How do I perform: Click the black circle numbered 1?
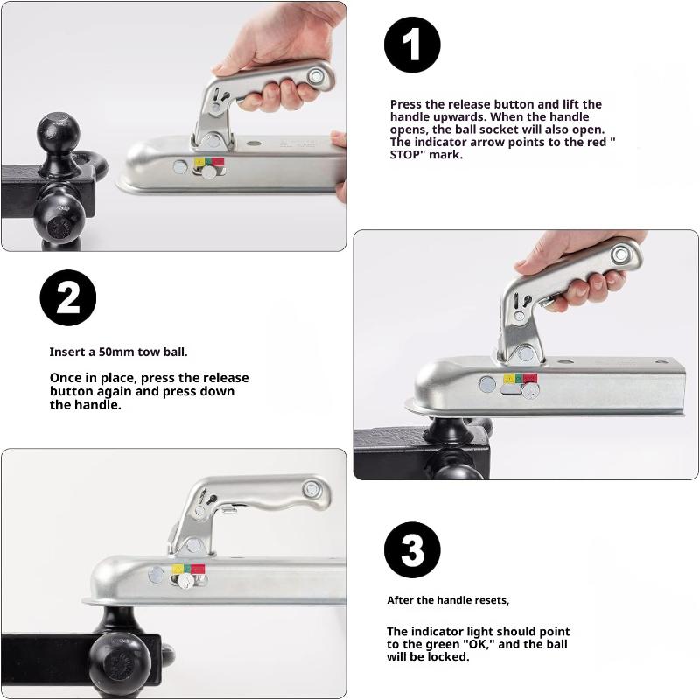coord(412,45)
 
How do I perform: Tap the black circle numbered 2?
coord(68,297)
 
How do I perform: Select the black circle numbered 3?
coord(412,550)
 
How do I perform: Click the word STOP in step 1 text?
coord(405,155)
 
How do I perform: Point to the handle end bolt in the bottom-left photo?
coord(311,489)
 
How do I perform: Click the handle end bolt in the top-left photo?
coord(316,76)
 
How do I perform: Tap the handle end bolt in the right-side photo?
coord(620,255)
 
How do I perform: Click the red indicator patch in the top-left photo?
coord(217,162)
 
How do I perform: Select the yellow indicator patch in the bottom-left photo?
coord(178,570)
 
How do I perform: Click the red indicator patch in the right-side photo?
coord(530,379)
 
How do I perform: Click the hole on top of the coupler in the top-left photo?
coord(254,143)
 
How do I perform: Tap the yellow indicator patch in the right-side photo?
coord(509,379)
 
